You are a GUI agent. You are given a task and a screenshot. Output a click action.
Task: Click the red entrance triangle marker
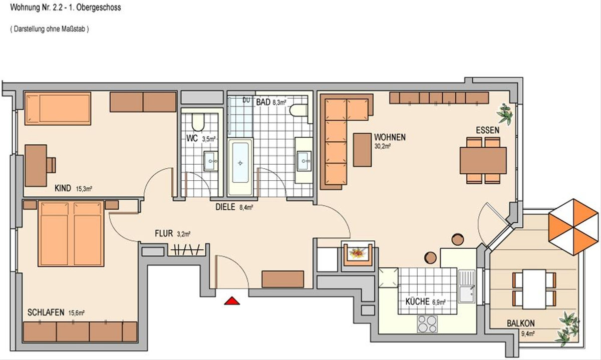232,301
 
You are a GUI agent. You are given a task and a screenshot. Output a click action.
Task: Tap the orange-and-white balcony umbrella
573,227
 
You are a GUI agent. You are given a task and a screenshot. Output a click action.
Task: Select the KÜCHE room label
417,302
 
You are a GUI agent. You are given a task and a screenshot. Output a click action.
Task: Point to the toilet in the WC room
198,122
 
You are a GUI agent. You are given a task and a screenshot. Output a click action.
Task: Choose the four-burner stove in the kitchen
427,324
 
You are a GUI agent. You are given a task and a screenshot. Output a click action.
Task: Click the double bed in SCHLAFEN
71,233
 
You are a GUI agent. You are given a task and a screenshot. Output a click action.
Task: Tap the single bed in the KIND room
58,108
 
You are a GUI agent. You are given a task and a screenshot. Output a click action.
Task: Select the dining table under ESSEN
483,160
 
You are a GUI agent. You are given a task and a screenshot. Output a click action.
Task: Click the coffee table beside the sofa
362,150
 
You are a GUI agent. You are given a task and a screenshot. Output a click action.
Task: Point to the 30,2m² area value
382,147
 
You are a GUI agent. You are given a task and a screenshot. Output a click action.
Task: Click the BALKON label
520,323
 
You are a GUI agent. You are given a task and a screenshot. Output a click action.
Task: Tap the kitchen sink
467,286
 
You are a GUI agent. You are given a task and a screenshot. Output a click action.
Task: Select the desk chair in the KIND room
51,165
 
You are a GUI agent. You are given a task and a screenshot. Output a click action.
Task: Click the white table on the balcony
534,289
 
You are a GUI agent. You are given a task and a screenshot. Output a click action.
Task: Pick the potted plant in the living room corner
505,114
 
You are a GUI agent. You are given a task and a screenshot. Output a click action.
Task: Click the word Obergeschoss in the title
99,8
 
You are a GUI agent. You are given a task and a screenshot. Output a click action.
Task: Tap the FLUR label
164,233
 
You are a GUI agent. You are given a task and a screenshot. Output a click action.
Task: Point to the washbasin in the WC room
211,161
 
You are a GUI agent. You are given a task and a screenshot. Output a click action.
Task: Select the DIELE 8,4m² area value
246,207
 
